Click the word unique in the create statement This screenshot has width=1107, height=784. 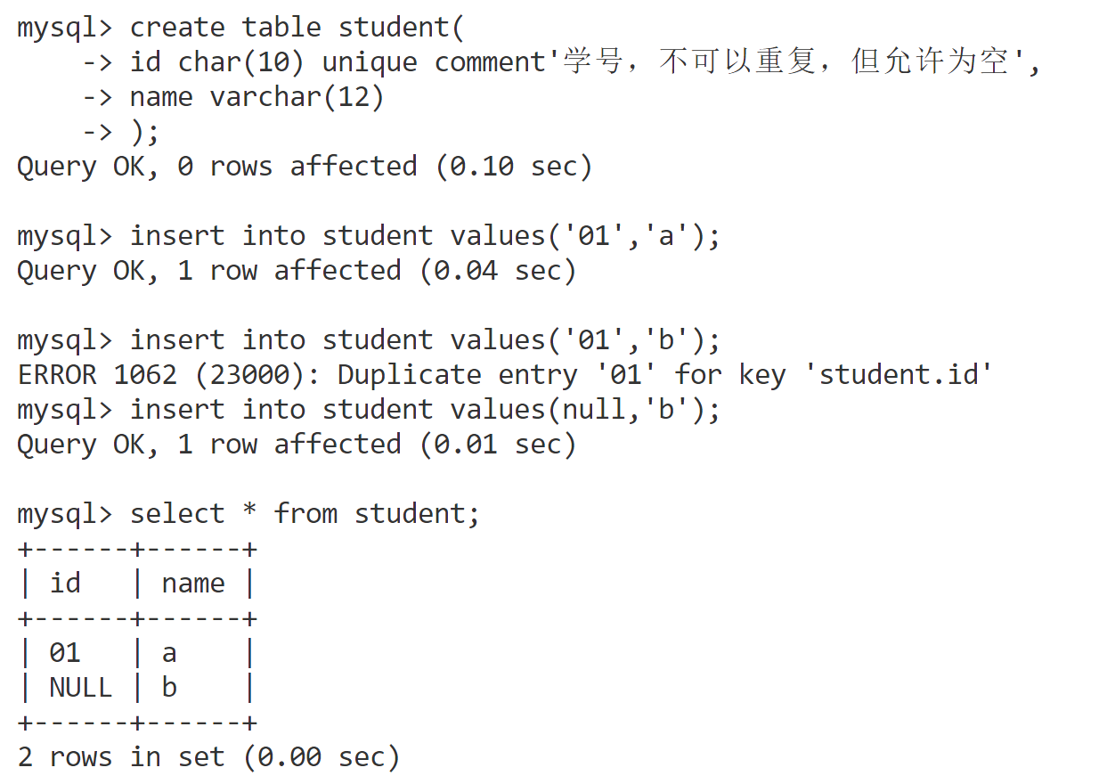click(370, 62)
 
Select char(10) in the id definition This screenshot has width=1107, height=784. click(241, 62)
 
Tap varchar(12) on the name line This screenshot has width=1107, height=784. click(297, 97)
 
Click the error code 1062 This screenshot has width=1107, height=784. click(145, 375)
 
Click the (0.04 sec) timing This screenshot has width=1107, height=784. click(498, 271)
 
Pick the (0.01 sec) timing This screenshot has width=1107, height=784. click(498, 445)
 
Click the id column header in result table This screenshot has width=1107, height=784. click(65, 584)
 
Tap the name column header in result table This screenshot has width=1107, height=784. click(193, 584)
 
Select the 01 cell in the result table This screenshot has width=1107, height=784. click(65, 653)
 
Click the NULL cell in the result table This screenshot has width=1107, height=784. click(81, 688)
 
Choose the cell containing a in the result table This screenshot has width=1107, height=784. click(169, 653)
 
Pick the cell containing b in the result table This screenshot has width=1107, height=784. click(169, 688)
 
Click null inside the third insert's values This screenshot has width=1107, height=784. click(594, 410)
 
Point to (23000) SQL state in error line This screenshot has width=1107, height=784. click(249, 375)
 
